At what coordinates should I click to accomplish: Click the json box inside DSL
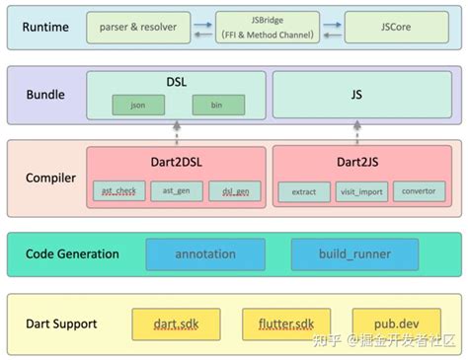pyautogui.click(x=124, y=103)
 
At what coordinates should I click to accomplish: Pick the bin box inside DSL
pyautogui.click(x=217, y=103)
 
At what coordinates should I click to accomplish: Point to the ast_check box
pyautogui.click(x=118, y=191)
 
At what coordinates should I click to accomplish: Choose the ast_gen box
pyautogui.click(x=177, y=191)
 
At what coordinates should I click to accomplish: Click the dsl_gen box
pyautogui.click(x=236, y=191)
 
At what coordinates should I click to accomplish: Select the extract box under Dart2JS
pyautogui.click(x=303, y=191)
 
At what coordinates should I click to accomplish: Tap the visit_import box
pyautogui.click(x=361, y=191)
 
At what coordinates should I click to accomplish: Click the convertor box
pyautogui.click(x=419, y=191)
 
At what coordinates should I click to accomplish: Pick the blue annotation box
pyautogui.click(x=205, y=254)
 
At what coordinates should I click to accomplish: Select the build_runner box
pyautogui.click(x=354, y=254)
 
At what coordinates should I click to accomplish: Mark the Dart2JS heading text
pyautogui.click(x=358, y=159)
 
